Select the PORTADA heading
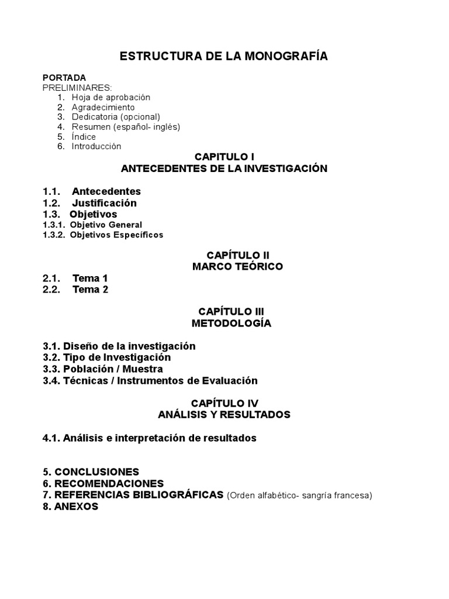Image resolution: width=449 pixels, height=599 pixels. point(64,77)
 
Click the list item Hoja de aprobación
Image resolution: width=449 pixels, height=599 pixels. point(111,97)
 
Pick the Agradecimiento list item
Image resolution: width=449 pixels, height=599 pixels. point(103,107)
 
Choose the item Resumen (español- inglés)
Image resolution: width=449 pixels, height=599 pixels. point(126,126)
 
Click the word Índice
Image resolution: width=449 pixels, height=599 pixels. point(84,136)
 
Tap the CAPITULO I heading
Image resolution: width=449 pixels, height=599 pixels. point(224,157)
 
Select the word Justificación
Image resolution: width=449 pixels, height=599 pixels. point(104,203)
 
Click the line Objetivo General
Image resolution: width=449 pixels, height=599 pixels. point(106,225)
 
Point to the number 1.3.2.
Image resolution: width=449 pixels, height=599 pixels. point(54,235)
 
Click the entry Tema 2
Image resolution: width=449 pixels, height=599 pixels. point(90,290)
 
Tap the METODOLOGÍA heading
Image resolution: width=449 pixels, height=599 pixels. point(232,323)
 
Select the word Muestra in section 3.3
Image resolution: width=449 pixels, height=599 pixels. point(143,369)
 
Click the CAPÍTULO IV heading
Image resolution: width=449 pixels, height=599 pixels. point(224,403)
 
